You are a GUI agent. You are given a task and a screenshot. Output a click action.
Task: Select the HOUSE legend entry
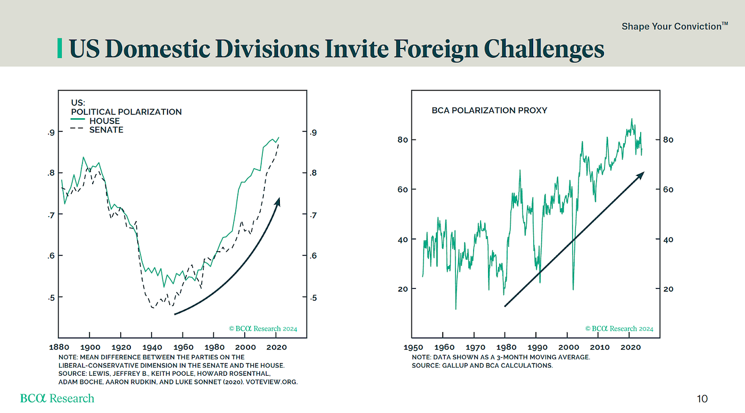tap(104, 121)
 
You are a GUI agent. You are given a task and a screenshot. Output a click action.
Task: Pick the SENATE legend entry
tap(106, 130)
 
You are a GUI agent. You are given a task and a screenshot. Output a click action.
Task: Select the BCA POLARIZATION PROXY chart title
tap(489, 111)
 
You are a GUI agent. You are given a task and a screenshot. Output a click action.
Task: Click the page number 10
tap(702, 399)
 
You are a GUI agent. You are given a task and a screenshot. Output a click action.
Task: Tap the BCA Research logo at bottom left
tap(57, 398)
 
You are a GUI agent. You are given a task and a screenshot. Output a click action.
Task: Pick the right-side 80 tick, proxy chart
tap(668, 140)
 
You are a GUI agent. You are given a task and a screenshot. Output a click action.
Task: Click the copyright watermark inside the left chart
tap(263, 328)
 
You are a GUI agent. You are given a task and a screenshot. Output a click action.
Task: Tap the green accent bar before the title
tap(60, 49)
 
